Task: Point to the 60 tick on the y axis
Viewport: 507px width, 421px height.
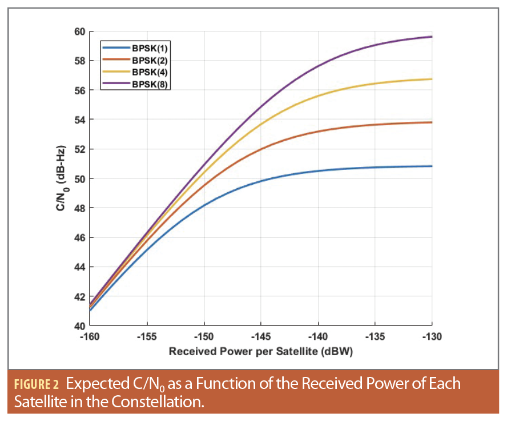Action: pos(78,31)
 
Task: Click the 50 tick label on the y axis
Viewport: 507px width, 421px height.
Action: pos(78,178)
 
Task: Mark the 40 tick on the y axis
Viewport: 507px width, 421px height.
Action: pos(78,326)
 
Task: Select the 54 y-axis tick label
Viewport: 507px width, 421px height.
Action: pos(78,120)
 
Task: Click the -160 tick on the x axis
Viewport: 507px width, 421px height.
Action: pos(90,337)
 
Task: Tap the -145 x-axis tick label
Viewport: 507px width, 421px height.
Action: pos(261,337)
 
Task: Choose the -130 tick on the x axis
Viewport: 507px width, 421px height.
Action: pos(432,337)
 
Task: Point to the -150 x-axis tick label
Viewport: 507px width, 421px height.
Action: pos(204,337)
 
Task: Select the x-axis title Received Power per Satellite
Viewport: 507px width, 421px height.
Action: pos(261,352)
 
